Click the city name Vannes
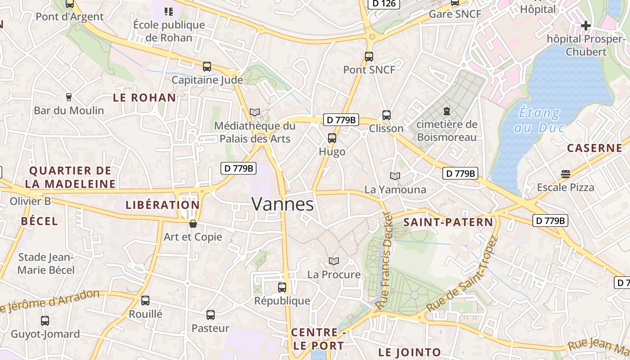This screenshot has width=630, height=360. pyautogui.click(x=283, y=204)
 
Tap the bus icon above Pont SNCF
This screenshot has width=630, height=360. pyautogui.click(x=369, y=57)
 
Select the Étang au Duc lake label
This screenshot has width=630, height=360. pyautogui.click(x=539, y=120)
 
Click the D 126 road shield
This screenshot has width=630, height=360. pyautogui.click(x=384, y=4)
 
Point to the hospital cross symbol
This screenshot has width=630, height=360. pyautogui.click(x=585, y=26)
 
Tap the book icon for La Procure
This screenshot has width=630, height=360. pyautogui.click(x=334, y=261)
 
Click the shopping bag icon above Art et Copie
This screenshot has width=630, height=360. pyautogui.click(x=193, y=224)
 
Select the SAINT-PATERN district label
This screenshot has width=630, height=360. pyautogui.click(x=448, y=222)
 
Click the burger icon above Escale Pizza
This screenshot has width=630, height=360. pyautogui.click(x=566, y=174)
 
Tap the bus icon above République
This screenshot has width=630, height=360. pyautogui.click(x=282, y=287)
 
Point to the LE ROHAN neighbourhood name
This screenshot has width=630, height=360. pyautogui.click(x=144, y=98)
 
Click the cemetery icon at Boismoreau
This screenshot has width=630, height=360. pyautogui.click(x=447, y=111)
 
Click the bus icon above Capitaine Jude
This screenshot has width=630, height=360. pyautogui.click(x=207, y=67)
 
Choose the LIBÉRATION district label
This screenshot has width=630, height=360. pyautogui.click(x=162, y=205)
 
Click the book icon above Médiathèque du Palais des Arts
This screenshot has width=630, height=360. pyautogui.click(x=255, y=112)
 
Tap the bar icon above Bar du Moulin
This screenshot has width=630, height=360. pyautogui.click(x=69, y=97)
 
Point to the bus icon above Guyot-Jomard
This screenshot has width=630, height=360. pyautogui.click(x=45, y=321)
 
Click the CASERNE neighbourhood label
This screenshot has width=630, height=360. pyautogui.click(x=594, y=148)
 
